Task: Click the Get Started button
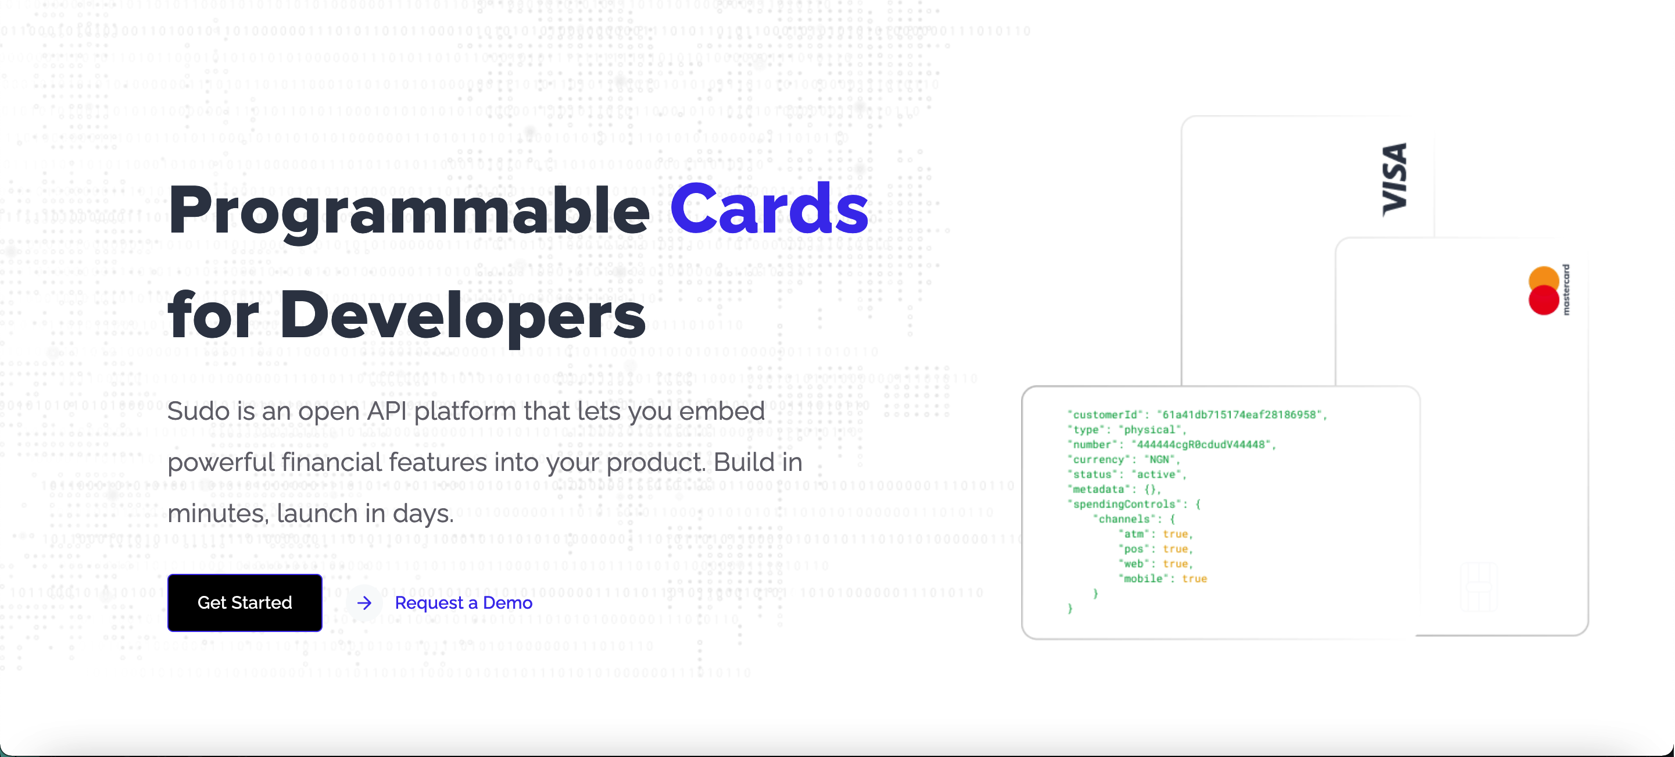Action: pos(245,602)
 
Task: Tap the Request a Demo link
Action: pos(463,603)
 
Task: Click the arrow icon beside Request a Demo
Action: pos(364,603)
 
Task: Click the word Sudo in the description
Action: pos(198,411)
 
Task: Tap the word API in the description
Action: pos(386,411)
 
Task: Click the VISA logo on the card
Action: pos(1395,180)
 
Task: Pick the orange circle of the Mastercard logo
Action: pos(1544,278)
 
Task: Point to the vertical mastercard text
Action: pos(1566,290)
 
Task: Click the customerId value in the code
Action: pos(1241,415)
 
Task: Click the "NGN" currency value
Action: pos(1159,460)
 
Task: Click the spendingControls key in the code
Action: pos(1123,505)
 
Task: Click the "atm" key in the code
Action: pos(1133,534)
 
